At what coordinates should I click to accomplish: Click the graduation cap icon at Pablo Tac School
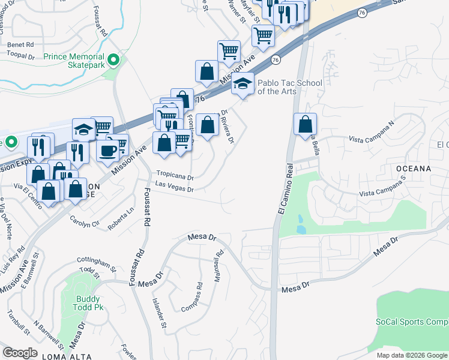pyautogui.click(x=243, y=83)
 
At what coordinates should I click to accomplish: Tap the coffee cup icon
pyautogui.click(x=107, y=150)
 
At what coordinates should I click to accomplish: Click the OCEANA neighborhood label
pyautogui.click(x=413, y=169)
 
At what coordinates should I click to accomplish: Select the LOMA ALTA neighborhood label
pyautogui.click(x=67, y=356)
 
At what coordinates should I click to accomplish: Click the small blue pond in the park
pyautogui.click(x=300, y=229)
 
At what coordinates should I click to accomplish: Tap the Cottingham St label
pyautogui.click(x=96, y=262)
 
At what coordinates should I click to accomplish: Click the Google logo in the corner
pyautogui.click(x=20, y=352)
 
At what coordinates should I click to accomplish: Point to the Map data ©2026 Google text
pyautogui.click(x=411, y=355)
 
